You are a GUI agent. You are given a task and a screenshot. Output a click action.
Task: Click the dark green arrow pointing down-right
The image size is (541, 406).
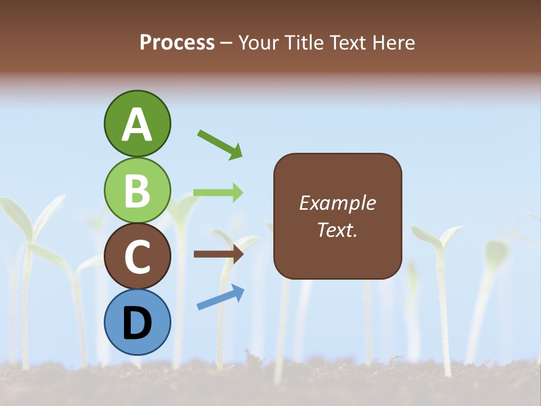point(220,144)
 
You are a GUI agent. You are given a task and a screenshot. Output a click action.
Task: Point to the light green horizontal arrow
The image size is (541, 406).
point(218,192)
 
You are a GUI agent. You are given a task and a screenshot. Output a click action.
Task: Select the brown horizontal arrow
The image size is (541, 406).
point(219,254)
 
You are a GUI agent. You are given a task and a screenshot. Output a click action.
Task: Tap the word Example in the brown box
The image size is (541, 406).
point(338,203)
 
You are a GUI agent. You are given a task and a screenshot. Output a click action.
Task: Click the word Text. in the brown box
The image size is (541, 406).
point(338,230)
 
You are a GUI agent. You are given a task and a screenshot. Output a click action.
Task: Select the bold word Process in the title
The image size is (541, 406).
point(177,42)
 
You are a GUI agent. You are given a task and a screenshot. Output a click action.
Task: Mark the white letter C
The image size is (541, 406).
point(137,257)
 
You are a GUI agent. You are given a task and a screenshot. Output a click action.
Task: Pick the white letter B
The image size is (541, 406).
point(137,191)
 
